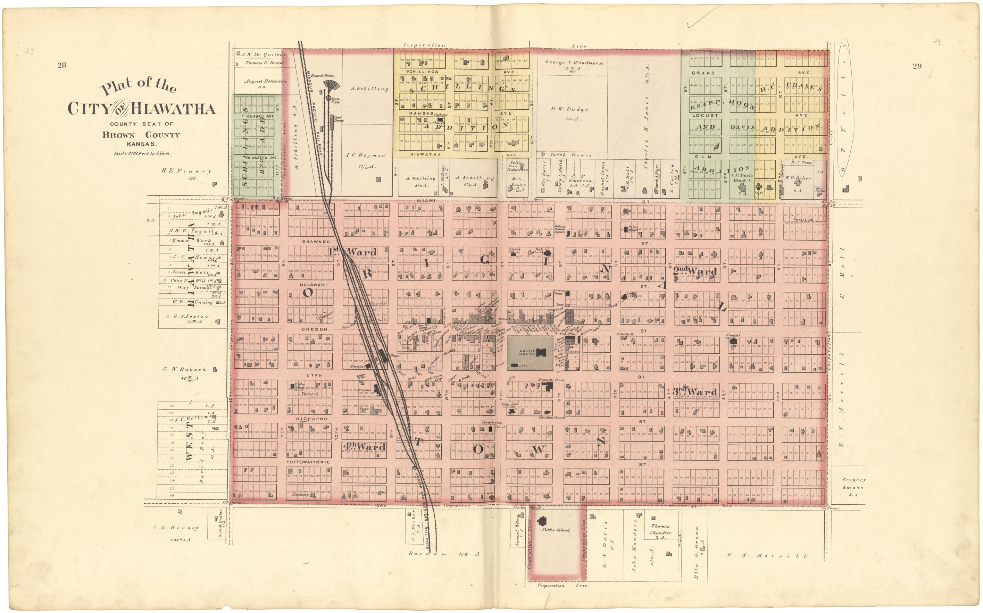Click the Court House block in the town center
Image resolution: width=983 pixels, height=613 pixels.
point(530,353)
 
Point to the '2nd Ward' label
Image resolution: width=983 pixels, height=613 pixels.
point(695,271)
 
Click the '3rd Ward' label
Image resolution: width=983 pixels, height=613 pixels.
point(695,392)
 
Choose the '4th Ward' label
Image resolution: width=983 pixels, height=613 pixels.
point(364,447)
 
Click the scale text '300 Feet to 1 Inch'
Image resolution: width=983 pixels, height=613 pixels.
point(142,154)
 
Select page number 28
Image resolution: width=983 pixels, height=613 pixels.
point(62,65)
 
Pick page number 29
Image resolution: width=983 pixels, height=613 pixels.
point(917,66)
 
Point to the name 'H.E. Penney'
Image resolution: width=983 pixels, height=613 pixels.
point(186,171)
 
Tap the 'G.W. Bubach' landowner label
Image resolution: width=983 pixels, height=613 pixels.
point(185,369)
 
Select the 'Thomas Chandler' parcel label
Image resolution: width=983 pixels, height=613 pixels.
point(661,529)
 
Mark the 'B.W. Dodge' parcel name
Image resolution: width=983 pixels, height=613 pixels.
point(569,109)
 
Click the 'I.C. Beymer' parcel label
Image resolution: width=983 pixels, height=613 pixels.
point(365,155)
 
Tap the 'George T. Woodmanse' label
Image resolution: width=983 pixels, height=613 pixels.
point(574,62)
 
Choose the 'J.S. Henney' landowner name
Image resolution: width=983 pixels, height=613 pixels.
point(176,528)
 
